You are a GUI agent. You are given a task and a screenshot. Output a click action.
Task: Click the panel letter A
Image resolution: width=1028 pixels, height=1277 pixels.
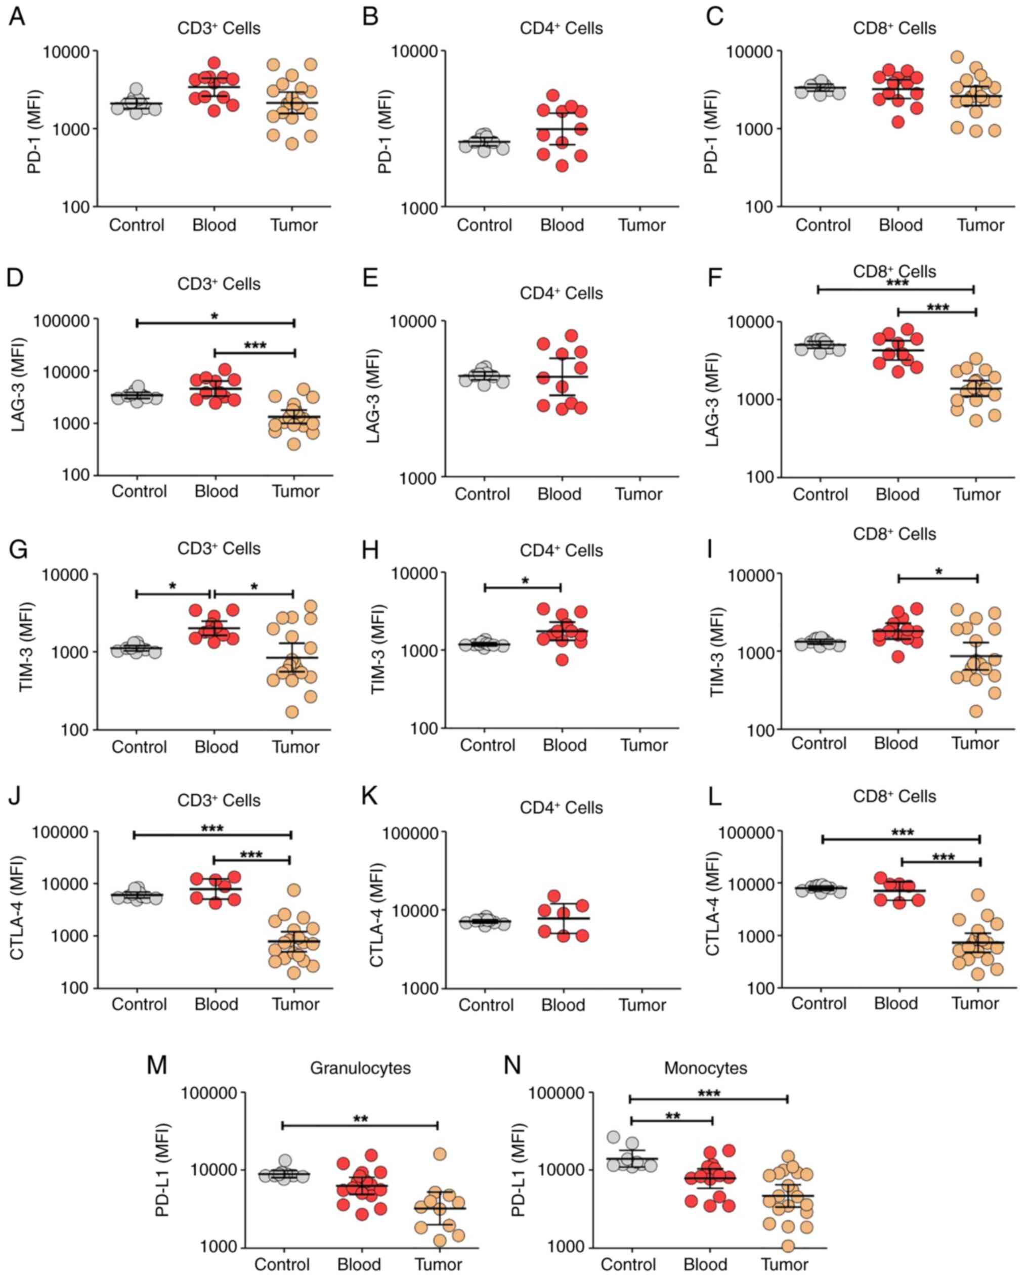[x=17, y=16]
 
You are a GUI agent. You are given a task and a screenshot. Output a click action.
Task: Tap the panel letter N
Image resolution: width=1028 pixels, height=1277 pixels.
[x=511, y=1065]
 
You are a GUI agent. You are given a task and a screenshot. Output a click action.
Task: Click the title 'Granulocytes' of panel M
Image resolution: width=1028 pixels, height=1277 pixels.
[x=360, y=1068]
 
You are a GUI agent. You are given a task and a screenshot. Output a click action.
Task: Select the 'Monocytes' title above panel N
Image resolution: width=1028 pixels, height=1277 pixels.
[x=705, y=1068]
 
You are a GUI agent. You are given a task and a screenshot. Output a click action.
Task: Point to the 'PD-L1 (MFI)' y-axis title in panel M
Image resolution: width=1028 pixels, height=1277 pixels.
[x=162, y=1170]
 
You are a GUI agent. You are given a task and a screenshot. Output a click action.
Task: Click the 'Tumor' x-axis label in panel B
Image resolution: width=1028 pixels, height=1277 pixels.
[x=642, y=225]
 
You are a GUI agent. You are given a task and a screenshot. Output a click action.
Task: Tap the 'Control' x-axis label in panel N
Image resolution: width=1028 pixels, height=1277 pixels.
[x=628, y=1264]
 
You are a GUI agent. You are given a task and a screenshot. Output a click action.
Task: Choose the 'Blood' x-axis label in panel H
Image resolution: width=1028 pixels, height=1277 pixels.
[x=564, y=745]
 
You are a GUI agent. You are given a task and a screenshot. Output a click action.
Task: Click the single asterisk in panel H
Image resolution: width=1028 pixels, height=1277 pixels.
[x=525, y=581]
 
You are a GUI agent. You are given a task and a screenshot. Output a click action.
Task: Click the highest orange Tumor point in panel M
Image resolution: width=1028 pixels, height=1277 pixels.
[x=440, y=1154]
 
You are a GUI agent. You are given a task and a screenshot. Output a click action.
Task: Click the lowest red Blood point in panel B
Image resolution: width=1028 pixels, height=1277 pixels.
[x=562, y=166]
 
